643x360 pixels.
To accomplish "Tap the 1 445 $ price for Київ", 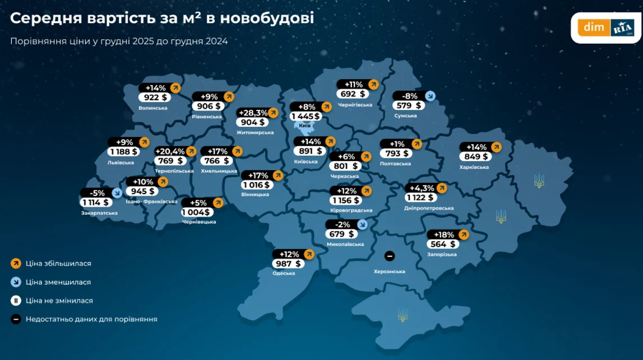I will [306, 117].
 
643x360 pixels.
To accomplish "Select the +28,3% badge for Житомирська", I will [253, 113].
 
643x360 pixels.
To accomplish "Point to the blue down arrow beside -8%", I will [429, 96].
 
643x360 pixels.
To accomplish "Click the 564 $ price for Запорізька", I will [443, 244].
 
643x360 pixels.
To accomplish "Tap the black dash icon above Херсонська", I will [390, 256].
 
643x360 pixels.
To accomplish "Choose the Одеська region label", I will [284, 273].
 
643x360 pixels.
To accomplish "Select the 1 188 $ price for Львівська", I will [123, 152].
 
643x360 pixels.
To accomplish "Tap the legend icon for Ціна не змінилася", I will [16, 301].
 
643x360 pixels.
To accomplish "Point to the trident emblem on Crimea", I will [402, 315].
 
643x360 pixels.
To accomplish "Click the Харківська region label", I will [474, 167].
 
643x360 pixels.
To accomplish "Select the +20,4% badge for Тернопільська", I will [170, 151].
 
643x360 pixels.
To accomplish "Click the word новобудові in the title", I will [267, 18].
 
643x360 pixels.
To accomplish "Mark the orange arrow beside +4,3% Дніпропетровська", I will [442, 187].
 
